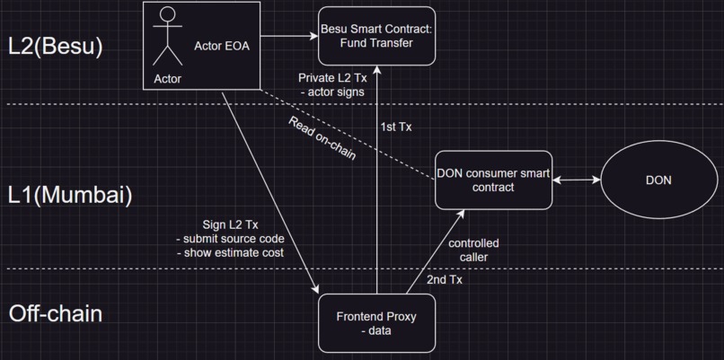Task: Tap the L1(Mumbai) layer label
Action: (x=70, y=195)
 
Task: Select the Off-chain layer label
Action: (x=55, y=314)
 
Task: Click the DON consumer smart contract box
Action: (x=492, y=180)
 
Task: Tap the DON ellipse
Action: (x=658, y=180)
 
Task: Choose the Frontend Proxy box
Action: (x=376, y=323)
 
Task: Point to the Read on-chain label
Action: (x=322, y=138)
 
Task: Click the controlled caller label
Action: (x=472, y=250)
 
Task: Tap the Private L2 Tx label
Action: (x=333, y=77)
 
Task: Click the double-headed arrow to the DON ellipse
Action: (x=575, y=180)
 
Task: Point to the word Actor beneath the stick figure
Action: (x=167, y=79)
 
